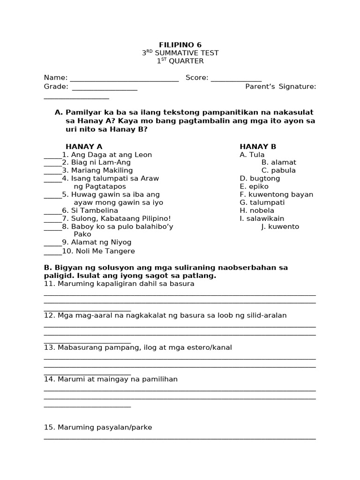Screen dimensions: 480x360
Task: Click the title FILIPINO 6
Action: pyautogui.click(x=180, y=45)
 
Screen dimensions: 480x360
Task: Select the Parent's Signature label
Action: pyautogui.click(x=280, y=86)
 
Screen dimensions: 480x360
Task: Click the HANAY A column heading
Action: pyautogui.click(x=84, y=147)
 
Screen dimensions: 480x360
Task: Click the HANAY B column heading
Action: pyautogui.click(x=258, y=147)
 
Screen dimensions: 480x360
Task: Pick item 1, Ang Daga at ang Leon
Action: pyautogui.click(x=107, y=155)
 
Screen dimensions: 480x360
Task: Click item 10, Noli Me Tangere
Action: pyautogui.click(x=98, y=251)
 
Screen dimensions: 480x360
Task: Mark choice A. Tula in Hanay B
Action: pyautogui.click(x=252, y=155)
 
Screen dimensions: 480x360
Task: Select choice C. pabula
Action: pyautogui.click(x=278, y=171)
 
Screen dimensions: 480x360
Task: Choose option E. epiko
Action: pyautogui.click(x=254, y=187)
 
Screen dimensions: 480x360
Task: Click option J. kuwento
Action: pyautogui.click(x=280, y=227)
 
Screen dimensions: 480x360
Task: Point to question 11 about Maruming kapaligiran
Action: pyautogui.click(x=119, y=284)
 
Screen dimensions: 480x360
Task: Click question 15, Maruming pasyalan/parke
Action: pyautogui.click(x=98, y=427)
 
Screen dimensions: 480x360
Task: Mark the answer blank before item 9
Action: pyautogui.click(x=52, y=243)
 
